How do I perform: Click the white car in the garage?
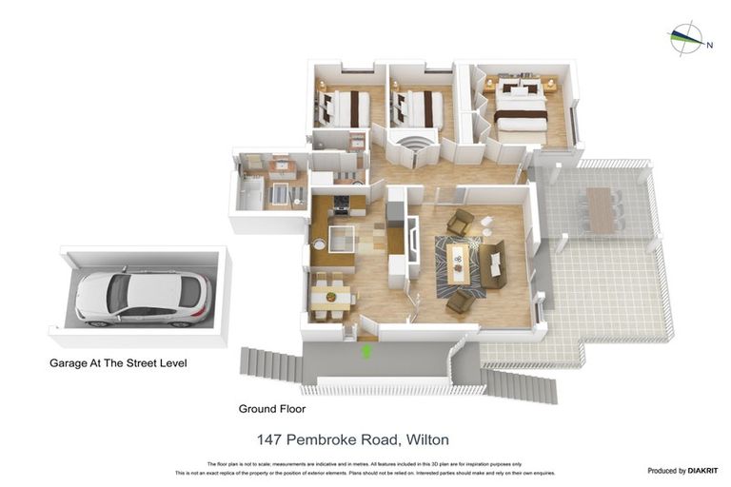click(143, 296)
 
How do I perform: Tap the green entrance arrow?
click(366, 350)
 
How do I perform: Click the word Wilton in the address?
click(427, 439)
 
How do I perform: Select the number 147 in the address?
click(272, 439)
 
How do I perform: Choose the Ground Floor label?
click(272, 408)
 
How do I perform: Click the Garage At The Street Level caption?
click(118, 362)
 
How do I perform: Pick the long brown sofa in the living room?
click(493, 265)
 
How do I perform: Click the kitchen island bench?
click(341, 236)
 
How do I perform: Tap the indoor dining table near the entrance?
click(330, 294)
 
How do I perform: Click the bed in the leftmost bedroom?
click(346, 108)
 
